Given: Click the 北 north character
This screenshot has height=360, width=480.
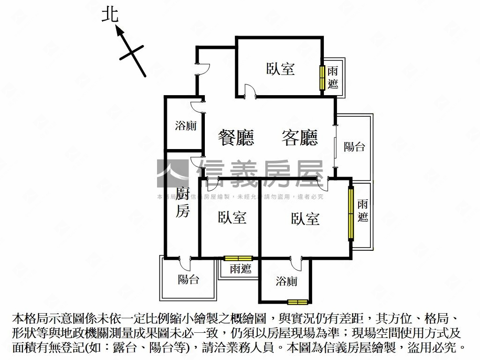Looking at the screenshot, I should (111, 15).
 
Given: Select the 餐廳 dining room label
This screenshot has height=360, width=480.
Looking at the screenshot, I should (236, 138).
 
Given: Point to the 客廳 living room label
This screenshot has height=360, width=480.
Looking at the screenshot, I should (300, 138).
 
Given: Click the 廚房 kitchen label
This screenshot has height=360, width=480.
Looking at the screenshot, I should (183, 202).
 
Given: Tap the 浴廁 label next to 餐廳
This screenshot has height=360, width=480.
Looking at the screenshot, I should (186, 126).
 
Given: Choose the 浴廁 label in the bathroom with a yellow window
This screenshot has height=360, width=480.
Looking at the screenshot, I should (286, 281).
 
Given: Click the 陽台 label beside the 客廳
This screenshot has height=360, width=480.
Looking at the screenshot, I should (354, 146).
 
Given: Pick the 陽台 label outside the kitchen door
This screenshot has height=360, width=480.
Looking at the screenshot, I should (188, 279).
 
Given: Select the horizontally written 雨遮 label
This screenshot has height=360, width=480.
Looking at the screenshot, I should (240, 269).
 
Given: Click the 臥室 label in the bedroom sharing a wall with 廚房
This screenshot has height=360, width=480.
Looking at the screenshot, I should (232, 217).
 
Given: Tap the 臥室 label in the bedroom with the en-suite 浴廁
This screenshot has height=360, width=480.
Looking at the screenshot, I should (305, 218).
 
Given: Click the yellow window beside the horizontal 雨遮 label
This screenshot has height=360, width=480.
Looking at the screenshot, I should (238, 258).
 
